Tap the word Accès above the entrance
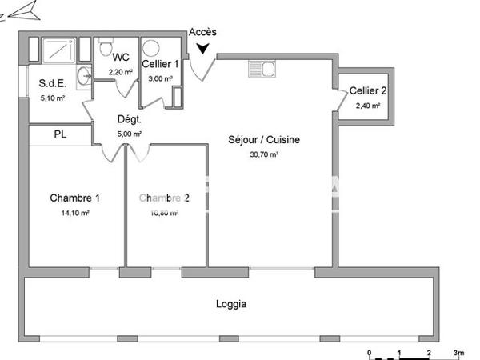[202, 32]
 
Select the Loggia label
[231, 304]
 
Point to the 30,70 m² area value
[263, 154]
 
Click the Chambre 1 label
[74, 198]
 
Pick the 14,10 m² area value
[74, 213]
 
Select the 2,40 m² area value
[366, 105]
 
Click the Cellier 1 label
[161, 64]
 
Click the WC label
[121, 57]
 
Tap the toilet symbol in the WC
[105, 47]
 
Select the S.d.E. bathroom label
[53, 83]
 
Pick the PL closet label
[60, 134]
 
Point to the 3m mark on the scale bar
[457, 351]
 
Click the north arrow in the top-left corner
[22, 10]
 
